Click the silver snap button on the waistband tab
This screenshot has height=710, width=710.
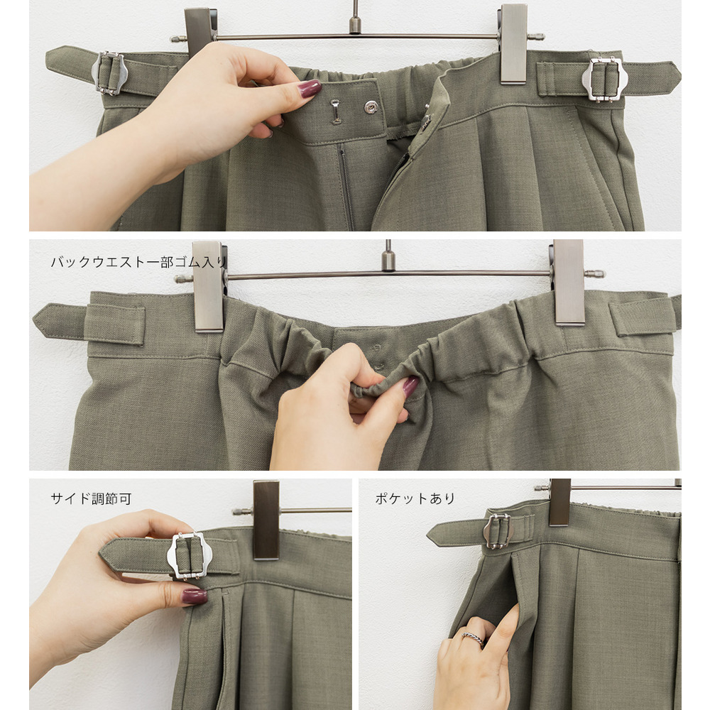tap(371, 107)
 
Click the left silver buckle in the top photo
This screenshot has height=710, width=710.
tap(107, 73)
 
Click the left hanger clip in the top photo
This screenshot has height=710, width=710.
tap(200, 31)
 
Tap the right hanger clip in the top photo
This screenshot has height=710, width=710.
tap(513, 44)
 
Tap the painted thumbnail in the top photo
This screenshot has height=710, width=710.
tap(310, 88)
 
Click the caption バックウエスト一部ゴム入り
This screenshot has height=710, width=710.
tap(138, 262)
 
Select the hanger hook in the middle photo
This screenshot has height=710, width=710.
tap(388, 256)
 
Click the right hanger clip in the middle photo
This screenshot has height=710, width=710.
tap(569, 283)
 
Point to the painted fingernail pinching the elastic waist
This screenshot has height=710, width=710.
tap(410, 387)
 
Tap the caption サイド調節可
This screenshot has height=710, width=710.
tap(91, 498)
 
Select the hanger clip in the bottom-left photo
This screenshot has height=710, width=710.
tap(266, 520)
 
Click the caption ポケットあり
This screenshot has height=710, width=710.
tap(415, 498)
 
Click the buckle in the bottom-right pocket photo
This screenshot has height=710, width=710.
tap(498, 532)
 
